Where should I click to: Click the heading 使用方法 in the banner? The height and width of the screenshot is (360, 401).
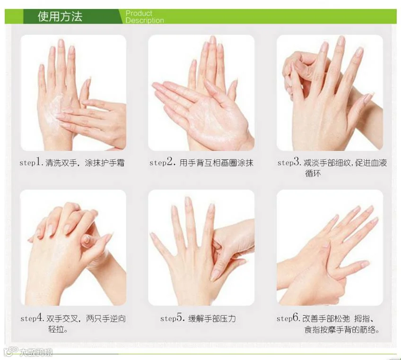pyautogui.click(x=60, y=17)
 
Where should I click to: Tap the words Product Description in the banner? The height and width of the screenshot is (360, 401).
pyautogui.click(x=145, y=17)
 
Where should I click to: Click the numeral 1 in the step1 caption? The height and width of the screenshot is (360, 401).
pyautogui.click(x=38, y=162)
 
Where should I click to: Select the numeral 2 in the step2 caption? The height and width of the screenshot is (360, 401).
pyautogui.click(x=170, y=162)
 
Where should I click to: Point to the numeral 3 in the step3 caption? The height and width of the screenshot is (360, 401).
pyautogui.click(x=296, y=162)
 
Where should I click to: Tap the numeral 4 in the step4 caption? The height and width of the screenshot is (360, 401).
pyautogui.click(x=40, y=317)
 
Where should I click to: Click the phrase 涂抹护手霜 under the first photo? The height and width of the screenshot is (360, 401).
pyautogui.click(x=105, y=163)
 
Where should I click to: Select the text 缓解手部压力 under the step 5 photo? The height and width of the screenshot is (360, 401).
pyautogui.click(x=212, y=318)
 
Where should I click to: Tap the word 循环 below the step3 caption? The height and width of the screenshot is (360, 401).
pyautogui.click(x=313, y=173)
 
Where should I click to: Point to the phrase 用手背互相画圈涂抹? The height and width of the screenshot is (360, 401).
pyautogui.click(x=217, y=163)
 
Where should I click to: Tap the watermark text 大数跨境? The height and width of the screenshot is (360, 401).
pyautogui.click(x=36, y=352)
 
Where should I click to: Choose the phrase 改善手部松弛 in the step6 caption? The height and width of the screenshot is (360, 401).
pyautogui.click(x=326, y=318)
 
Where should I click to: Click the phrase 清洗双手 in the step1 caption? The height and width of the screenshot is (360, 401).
pyautogui.click(x=61, y=163)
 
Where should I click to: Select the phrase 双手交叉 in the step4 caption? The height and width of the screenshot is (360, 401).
pyautogui.click(x=62, y=318)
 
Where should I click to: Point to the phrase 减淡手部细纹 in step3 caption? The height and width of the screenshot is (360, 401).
pyautogui.click(x=327, y=163)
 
